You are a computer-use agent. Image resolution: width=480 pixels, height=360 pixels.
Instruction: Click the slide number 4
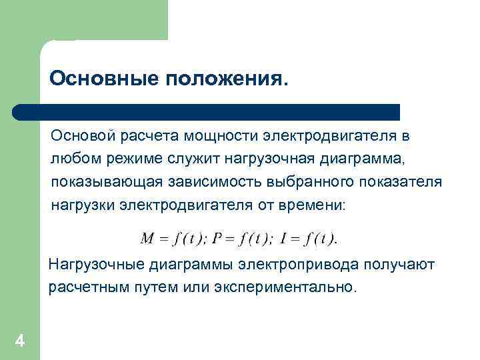coord(20,341)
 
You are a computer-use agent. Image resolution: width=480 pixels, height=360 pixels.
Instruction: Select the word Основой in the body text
coord(83,137)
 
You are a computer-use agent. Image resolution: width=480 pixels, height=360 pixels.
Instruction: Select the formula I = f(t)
coord(309,238)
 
